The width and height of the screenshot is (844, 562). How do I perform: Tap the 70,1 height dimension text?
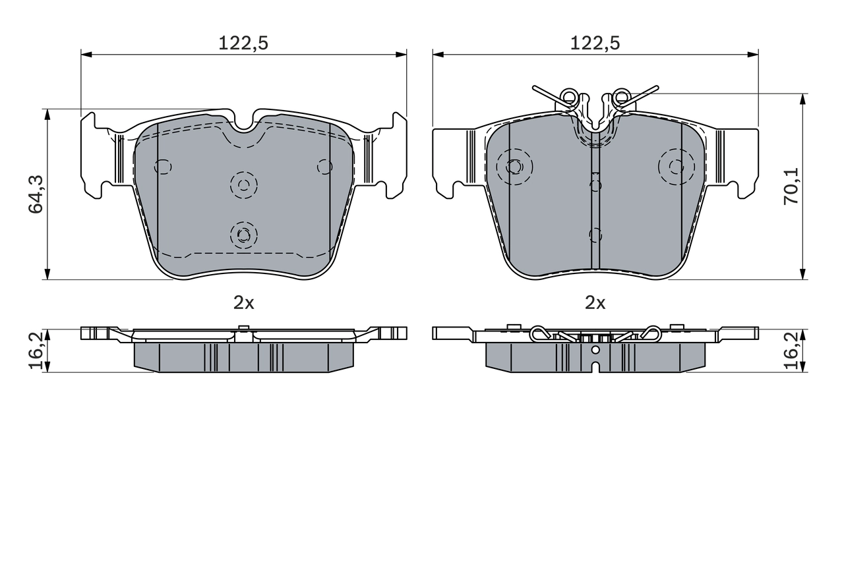click(x=791, y=185)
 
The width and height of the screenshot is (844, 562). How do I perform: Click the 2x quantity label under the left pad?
click(x=243, y=302)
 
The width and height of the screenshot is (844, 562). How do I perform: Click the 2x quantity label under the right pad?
click(x=595, y=302)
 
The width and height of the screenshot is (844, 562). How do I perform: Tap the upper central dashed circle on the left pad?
click(x=244, y=184)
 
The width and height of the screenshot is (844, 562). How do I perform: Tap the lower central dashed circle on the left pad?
click(x=244, y=234)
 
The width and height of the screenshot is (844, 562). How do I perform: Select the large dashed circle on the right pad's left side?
click(x=514, y=166)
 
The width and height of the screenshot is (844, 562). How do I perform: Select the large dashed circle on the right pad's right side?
click(x=676, y=166)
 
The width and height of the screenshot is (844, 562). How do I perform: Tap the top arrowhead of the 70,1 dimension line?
click(x=802, y=99)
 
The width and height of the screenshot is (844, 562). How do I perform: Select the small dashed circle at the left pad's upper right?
click(x=324, y=167)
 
